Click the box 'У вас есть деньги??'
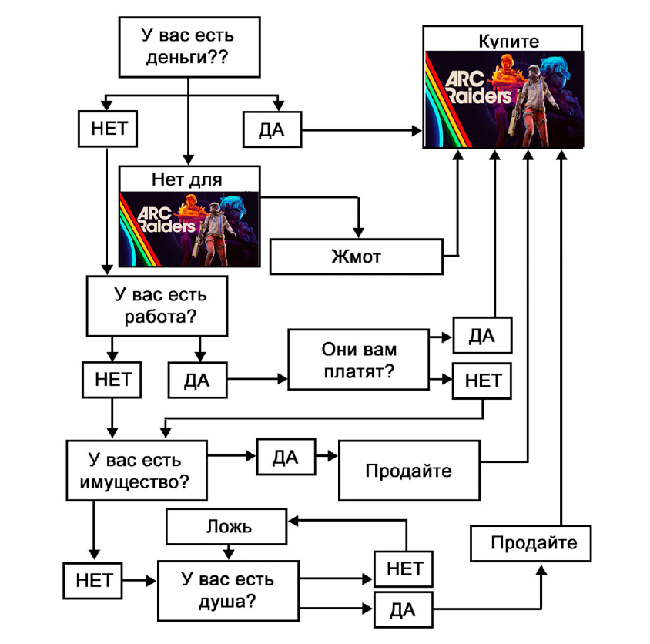tap(188, 45)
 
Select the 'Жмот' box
tap(357, 257)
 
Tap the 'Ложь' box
tap(227, 528)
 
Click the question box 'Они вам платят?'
tap(359, 361)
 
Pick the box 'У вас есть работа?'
tap(159, 306)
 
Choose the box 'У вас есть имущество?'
tap(136, 471)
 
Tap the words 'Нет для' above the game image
tap(189, 179)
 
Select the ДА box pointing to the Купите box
tap(272, 130)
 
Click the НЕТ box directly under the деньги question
tap(108, 129)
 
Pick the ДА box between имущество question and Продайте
tap(286, 457)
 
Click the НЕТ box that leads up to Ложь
tap(403, 569)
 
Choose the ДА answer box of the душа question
tap(403, 610)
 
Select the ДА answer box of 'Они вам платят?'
tap(482, 336)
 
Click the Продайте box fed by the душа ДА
tap(533, 543)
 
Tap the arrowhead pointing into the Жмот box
tap(357, 231)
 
